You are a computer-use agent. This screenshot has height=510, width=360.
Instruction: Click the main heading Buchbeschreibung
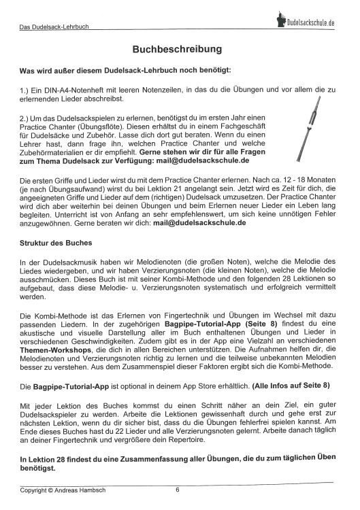pos(180,50)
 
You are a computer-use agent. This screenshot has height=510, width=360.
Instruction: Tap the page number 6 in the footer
pos(178,489)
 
